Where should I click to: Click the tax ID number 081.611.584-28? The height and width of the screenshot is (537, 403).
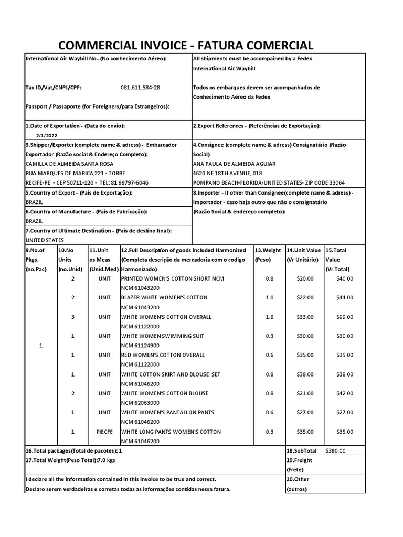click(140, 88)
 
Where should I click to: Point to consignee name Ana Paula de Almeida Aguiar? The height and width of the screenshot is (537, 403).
click(234, 164)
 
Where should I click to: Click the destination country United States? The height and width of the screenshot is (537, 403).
click(46, 240)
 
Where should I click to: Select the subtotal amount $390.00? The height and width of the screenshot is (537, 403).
click(335, 450)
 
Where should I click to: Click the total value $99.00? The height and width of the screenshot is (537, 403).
click(345, 317)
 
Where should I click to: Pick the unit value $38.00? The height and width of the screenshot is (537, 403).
click(304, 374)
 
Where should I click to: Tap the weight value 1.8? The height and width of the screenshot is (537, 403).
click(269, 317)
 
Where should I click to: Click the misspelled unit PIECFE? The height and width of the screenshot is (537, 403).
click(104, 432)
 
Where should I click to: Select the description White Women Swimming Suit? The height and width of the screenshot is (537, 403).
click(163, 336)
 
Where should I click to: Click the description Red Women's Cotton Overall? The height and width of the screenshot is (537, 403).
click(163, 355)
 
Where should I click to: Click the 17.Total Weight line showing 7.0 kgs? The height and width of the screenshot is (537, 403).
click(70, 460)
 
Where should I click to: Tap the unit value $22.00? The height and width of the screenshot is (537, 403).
click(304, 297)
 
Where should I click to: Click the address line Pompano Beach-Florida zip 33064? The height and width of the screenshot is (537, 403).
click(269, 182)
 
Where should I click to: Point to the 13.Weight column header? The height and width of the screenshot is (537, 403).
click(268, 250)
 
